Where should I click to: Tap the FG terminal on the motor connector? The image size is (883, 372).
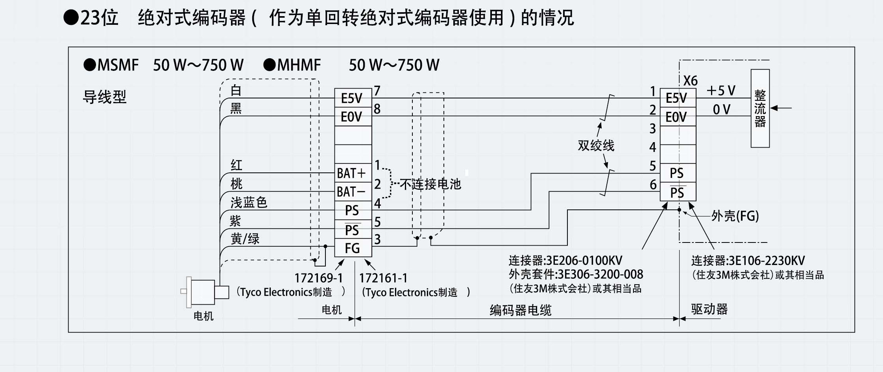click(353, 248)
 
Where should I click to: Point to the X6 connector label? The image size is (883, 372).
click(690, 81)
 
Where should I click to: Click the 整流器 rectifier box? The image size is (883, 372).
click(760, 108)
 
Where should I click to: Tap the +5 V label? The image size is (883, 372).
click(721, 91)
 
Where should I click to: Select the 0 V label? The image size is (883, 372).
click(721, 109)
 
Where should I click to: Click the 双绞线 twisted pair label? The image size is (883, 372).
click(596, 146)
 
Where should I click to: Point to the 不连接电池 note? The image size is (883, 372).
click(430, 184)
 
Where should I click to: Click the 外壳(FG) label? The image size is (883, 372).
click(735, 216)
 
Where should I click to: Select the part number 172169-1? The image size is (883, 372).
click(319, 278)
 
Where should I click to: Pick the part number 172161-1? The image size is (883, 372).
click(383, 278)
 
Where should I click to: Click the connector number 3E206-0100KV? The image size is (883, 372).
click(584, 261)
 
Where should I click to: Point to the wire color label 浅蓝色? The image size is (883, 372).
click(249, 202)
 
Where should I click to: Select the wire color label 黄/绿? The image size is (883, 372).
click(245, 239)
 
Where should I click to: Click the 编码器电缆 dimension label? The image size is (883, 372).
click(520, 310)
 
